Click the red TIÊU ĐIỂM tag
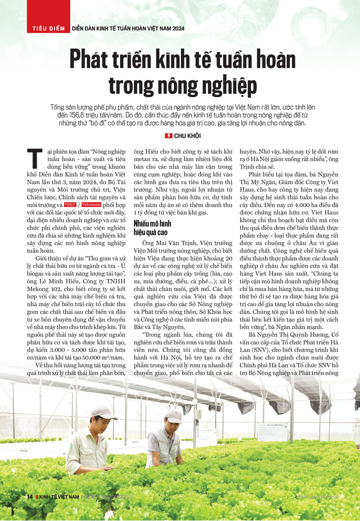(x=46, y=28)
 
